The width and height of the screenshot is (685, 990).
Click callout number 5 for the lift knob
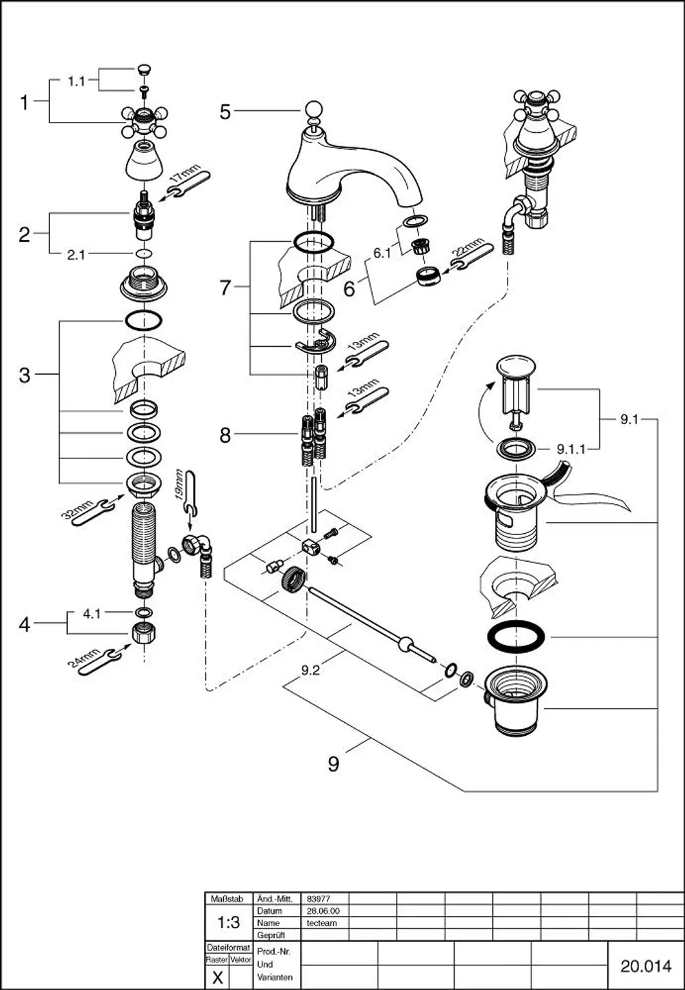pyautogui.click(x=225, y=112)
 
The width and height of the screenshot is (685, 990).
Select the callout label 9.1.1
pyautogui.click(x=571, y=449)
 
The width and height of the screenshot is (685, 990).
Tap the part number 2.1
pyautogui.click(x=76, y=255)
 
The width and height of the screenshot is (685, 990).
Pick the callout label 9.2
pyautogui.click(x=310, y=671)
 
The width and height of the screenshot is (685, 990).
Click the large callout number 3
pyautogui.click(x=25, y=375)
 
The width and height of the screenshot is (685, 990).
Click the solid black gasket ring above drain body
pyautogui.click(x=515, y=637)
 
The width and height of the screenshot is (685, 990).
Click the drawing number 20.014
pyautogui.click(x=646, y=966)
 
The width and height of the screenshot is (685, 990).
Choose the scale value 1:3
pyautogui.click(x=229, y=922)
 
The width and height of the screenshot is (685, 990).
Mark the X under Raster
pyautogui.click(x=217, y=978)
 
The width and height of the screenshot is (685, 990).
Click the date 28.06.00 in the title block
pyautogui.click(x=323, y=911)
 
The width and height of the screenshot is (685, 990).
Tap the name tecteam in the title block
pyautogui.click(x=322, y=923)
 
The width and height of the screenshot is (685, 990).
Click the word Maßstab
pyautogui.click(x=227, y=899)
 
